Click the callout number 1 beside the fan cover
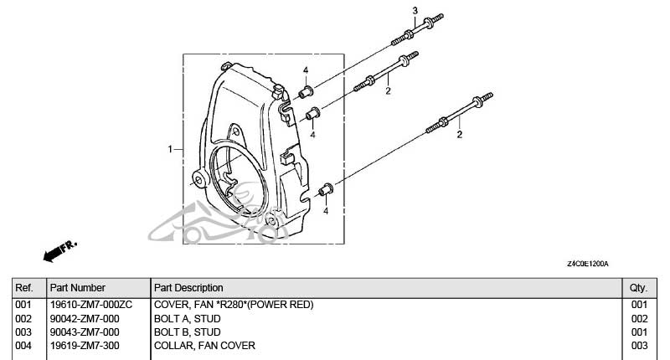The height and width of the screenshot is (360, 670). click(170, 149)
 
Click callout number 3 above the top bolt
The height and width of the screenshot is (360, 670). click(415, 9)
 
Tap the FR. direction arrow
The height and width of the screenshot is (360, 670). click(59, 249)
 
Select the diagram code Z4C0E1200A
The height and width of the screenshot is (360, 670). click(588, 265)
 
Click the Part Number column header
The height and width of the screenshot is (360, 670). click(77, 288)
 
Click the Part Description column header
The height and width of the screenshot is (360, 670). click(188, 288)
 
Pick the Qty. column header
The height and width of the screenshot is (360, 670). click(639, 288)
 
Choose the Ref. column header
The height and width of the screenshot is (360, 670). click(23, 288)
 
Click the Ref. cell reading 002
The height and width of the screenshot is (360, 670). click(23, 319)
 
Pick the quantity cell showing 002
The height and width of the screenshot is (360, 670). click(639, 319)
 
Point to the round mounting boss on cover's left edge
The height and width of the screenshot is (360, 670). click(200, 177)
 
